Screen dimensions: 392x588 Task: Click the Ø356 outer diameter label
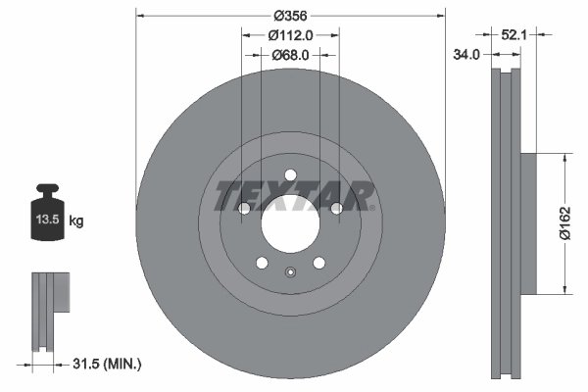point(290,15)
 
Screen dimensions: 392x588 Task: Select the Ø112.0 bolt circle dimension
point(290,35)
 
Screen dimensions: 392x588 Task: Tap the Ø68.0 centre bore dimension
point(290,55)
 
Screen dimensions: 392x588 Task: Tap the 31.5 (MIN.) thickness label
point(109,365)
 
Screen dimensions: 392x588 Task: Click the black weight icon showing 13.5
point(48,211)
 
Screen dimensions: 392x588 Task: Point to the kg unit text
point(76,221)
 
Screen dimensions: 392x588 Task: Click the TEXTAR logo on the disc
point(290,195)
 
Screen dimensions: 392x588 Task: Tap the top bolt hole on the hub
point(290,177)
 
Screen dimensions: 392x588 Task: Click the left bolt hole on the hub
point(245,209)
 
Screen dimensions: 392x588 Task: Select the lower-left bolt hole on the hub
point(262,262)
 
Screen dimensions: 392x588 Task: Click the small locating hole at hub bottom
point(290,272)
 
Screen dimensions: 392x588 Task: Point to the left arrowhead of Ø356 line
point(139,15)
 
